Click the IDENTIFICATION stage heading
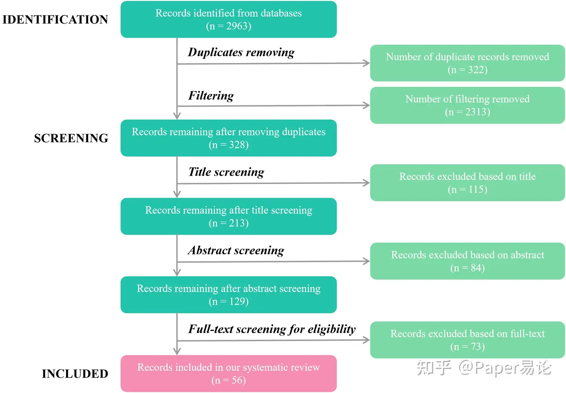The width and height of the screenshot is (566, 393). click(55, 20)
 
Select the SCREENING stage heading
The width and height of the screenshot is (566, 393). click(71, 138)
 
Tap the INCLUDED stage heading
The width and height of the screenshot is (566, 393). click(75, 374)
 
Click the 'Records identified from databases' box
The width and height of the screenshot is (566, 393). click(228, 19)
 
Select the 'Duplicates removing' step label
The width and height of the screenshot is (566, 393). click(241, 52)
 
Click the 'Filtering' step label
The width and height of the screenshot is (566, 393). click(211, 96)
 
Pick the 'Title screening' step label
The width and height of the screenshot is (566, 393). click(226, 172)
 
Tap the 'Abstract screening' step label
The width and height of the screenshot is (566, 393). click(236, 251)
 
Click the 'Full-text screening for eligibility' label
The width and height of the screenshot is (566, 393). click(272, 329)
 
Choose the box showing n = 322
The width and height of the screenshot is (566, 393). click(467, 63)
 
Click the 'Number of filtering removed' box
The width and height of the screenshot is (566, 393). click(467, 105)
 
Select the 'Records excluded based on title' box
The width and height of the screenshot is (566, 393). click(467, 183)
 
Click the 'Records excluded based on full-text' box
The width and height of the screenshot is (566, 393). click(467, 340)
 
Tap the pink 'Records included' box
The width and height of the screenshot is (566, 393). click(228, 373)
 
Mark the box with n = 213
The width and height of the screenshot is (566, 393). click(228, 216)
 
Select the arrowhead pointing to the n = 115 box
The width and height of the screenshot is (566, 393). click(366, 183)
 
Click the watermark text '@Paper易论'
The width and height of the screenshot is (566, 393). click(505, 368)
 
